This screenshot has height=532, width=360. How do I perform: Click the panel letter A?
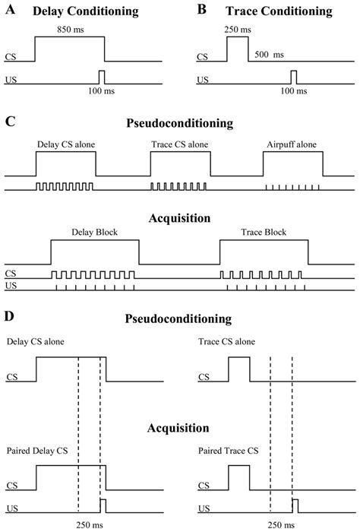pyautogui.click(x=10, y=12)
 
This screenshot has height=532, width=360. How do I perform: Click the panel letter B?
pyautogui.click(x=201, y=12)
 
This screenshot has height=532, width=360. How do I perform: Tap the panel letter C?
pyautogui.click(x=10, y=119)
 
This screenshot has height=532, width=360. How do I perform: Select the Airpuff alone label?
pyautogui.click(x=292, y=143)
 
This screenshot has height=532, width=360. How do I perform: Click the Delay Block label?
pyautogui.click(x=94, y=232)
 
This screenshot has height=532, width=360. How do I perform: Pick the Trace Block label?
pyautogui.click(x=263, y=232)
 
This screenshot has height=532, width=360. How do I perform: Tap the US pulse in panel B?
pyautogui.click(x=295, y=77)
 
